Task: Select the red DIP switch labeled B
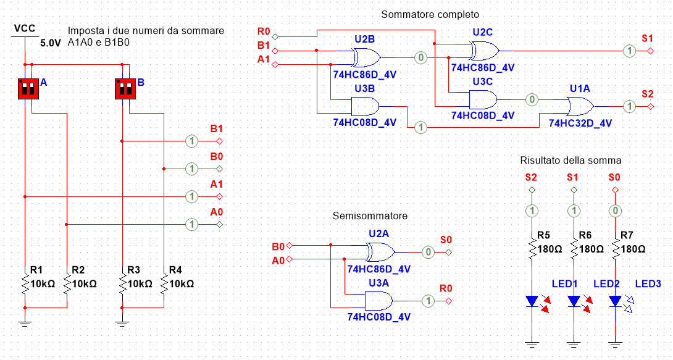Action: pyautogui.click(x=126, y=88)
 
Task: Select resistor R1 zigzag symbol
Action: pyautogui.click(x=25, y=285)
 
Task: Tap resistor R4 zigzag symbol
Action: pyautogui.click(x=164, y=285)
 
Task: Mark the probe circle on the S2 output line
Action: pyautogui.click(x=629, y=106)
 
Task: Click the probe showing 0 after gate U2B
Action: pyautogui.click(x=420, y=57)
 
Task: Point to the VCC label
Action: pyautogui.click(x=24, y=28)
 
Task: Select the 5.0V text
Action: pyautogui.click(x=51, y=44)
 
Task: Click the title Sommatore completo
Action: pyautogui.click(x=430, y=14)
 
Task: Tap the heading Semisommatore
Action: pyautogui.click(x=370, y=216)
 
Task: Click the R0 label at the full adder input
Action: pyautogui.click(x=264, y=31)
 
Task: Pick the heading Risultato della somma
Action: pyautogui.click(x=571, y=161)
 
